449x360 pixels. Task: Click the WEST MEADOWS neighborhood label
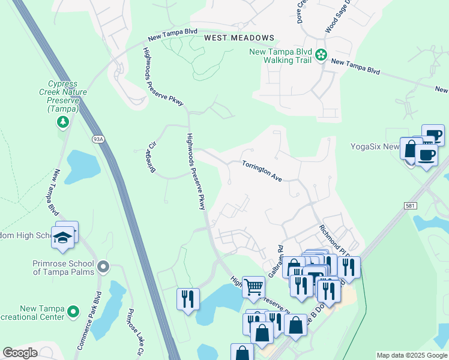(x=239, y=38)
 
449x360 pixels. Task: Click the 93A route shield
(x=98, y=139)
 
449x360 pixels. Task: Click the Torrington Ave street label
(x=262, y=171)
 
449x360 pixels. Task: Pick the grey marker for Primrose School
(x=104, y=266)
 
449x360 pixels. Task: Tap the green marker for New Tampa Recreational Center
(x=73, y=311)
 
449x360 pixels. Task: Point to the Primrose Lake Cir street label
(x=133, y=331)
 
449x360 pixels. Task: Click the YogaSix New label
(x=375, y=147)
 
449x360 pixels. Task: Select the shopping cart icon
(x=254, y=286)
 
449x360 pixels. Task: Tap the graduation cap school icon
(x=62, y=237)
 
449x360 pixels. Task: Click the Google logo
(x=20, y=353)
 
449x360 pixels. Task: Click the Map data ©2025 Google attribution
(x=411, y=355)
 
